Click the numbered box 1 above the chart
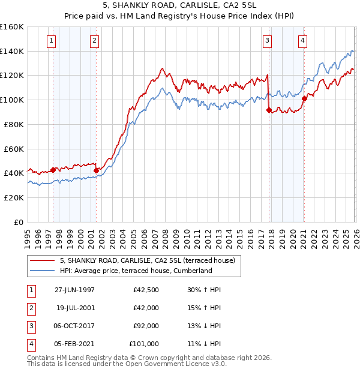(x=52, y=41)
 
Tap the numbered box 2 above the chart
(x=95, y=41)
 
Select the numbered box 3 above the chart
(x=267, y=41)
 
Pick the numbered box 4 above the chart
(x=302, y=41)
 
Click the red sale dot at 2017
(x=269, y=110)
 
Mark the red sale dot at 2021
(x=304, y=98)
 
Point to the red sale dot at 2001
(x=96, y=170)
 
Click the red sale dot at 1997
(x=53, y=170)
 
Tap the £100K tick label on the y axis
(x=12, y=100)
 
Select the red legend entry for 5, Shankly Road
(x=150, y=260)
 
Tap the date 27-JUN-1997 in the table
(x=74, y=290)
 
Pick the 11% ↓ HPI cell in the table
(x=204, y=344)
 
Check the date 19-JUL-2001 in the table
(x=75, y=308)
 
